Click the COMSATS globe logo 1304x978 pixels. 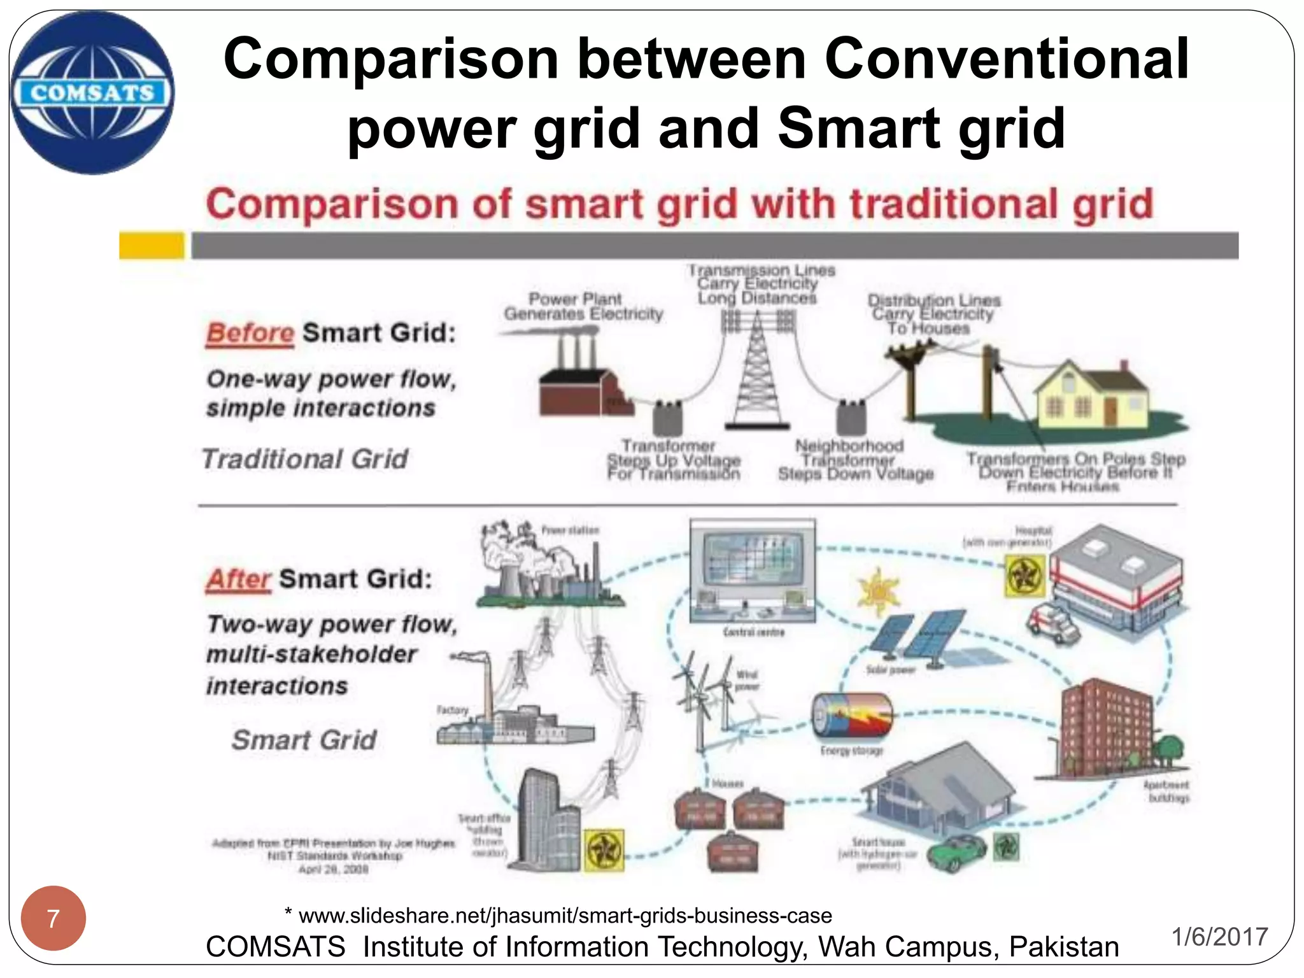[92, 92]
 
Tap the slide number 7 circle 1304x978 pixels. [53, 918]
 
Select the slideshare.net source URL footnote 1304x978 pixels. [559, 916]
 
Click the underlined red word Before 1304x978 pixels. [250, 333]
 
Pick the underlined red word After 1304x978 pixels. [239, 579]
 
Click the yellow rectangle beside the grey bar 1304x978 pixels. [152, 246]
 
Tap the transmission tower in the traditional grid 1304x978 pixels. [758, 376]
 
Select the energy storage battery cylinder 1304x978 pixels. [851, 716]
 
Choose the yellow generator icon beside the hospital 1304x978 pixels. [1025, 575]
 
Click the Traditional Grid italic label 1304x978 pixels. [305, 459]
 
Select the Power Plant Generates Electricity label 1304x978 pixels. [583, 306]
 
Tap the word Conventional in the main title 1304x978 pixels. [1006, 59]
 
